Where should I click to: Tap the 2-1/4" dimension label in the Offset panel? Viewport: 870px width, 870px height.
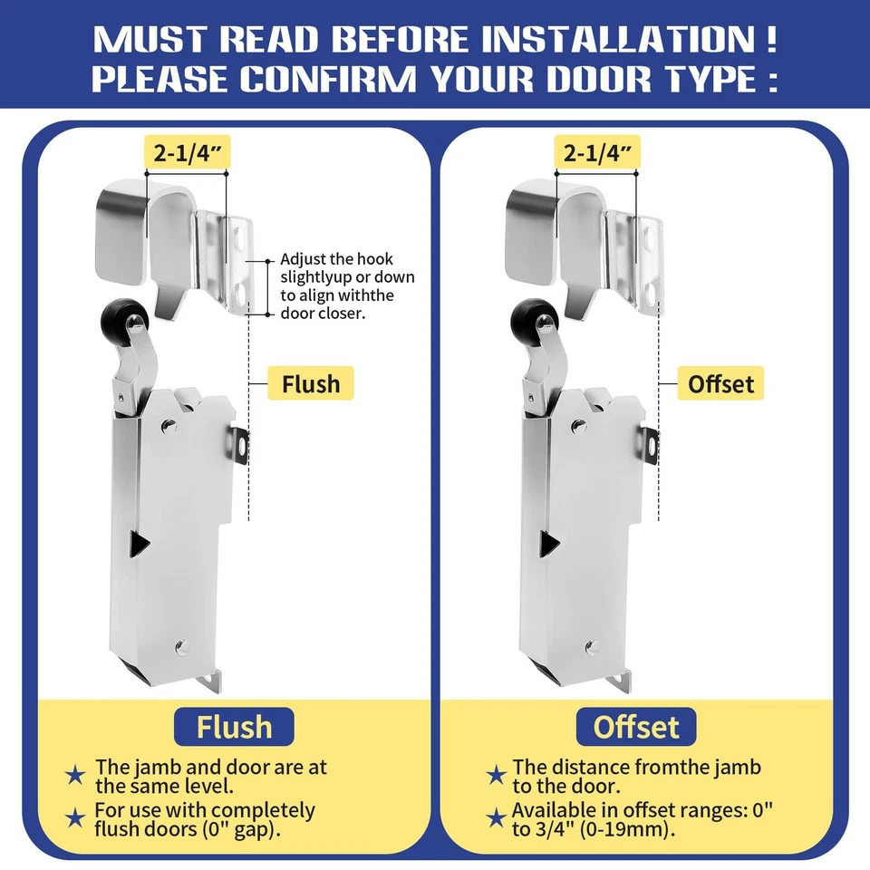click(x=597, y=152)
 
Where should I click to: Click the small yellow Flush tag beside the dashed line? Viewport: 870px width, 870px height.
click(x=310, y=383)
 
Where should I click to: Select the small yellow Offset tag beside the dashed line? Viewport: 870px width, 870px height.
click(x=720, y=383)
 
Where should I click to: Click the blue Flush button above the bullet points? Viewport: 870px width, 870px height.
click(x=235, y=726)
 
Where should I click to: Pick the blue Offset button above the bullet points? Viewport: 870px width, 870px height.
click(x=635, y=726)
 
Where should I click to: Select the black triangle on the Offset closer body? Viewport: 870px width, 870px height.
click(x=549, y=543)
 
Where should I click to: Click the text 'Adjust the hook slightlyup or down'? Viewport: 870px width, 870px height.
click(x=347, y=268)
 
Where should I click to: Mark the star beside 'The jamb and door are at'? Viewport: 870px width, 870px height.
click(x=77, y=776)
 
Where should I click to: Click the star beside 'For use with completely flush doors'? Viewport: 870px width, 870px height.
click(x=77, y=818)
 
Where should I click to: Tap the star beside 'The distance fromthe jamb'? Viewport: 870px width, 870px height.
click(x=496, y=776)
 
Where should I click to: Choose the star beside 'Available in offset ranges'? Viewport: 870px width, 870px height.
click(x=496, y=818)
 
